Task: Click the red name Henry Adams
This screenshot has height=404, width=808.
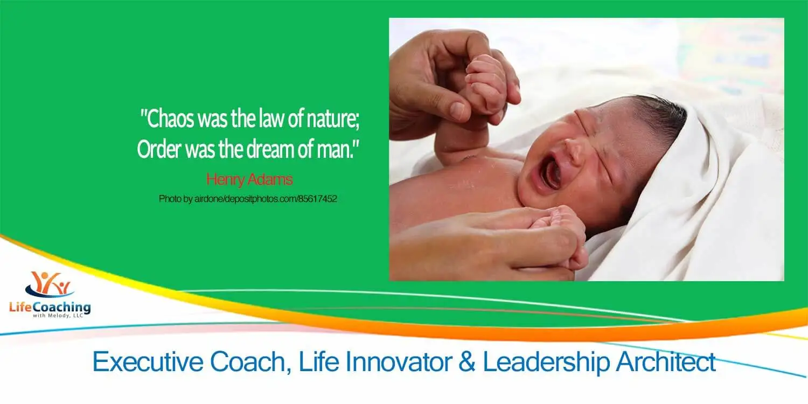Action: click(249, 179)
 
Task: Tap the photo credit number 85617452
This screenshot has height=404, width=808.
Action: click(317, 199)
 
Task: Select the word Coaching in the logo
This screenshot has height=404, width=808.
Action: click(61, 308)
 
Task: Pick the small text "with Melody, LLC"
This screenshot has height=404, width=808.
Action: click(58, 316)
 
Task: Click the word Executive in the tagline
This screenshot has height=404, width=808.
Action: click(148, 361)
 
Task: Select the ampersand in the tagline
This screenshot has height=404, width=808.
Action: click(467, 361)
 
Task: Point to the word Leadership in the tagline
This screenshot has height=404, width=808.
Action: click(546, 363)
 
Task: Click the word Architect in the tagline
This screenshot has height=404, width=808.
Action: click(666, 361)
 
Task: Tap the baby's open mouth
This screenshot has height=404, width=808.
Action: click(548, 172)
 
